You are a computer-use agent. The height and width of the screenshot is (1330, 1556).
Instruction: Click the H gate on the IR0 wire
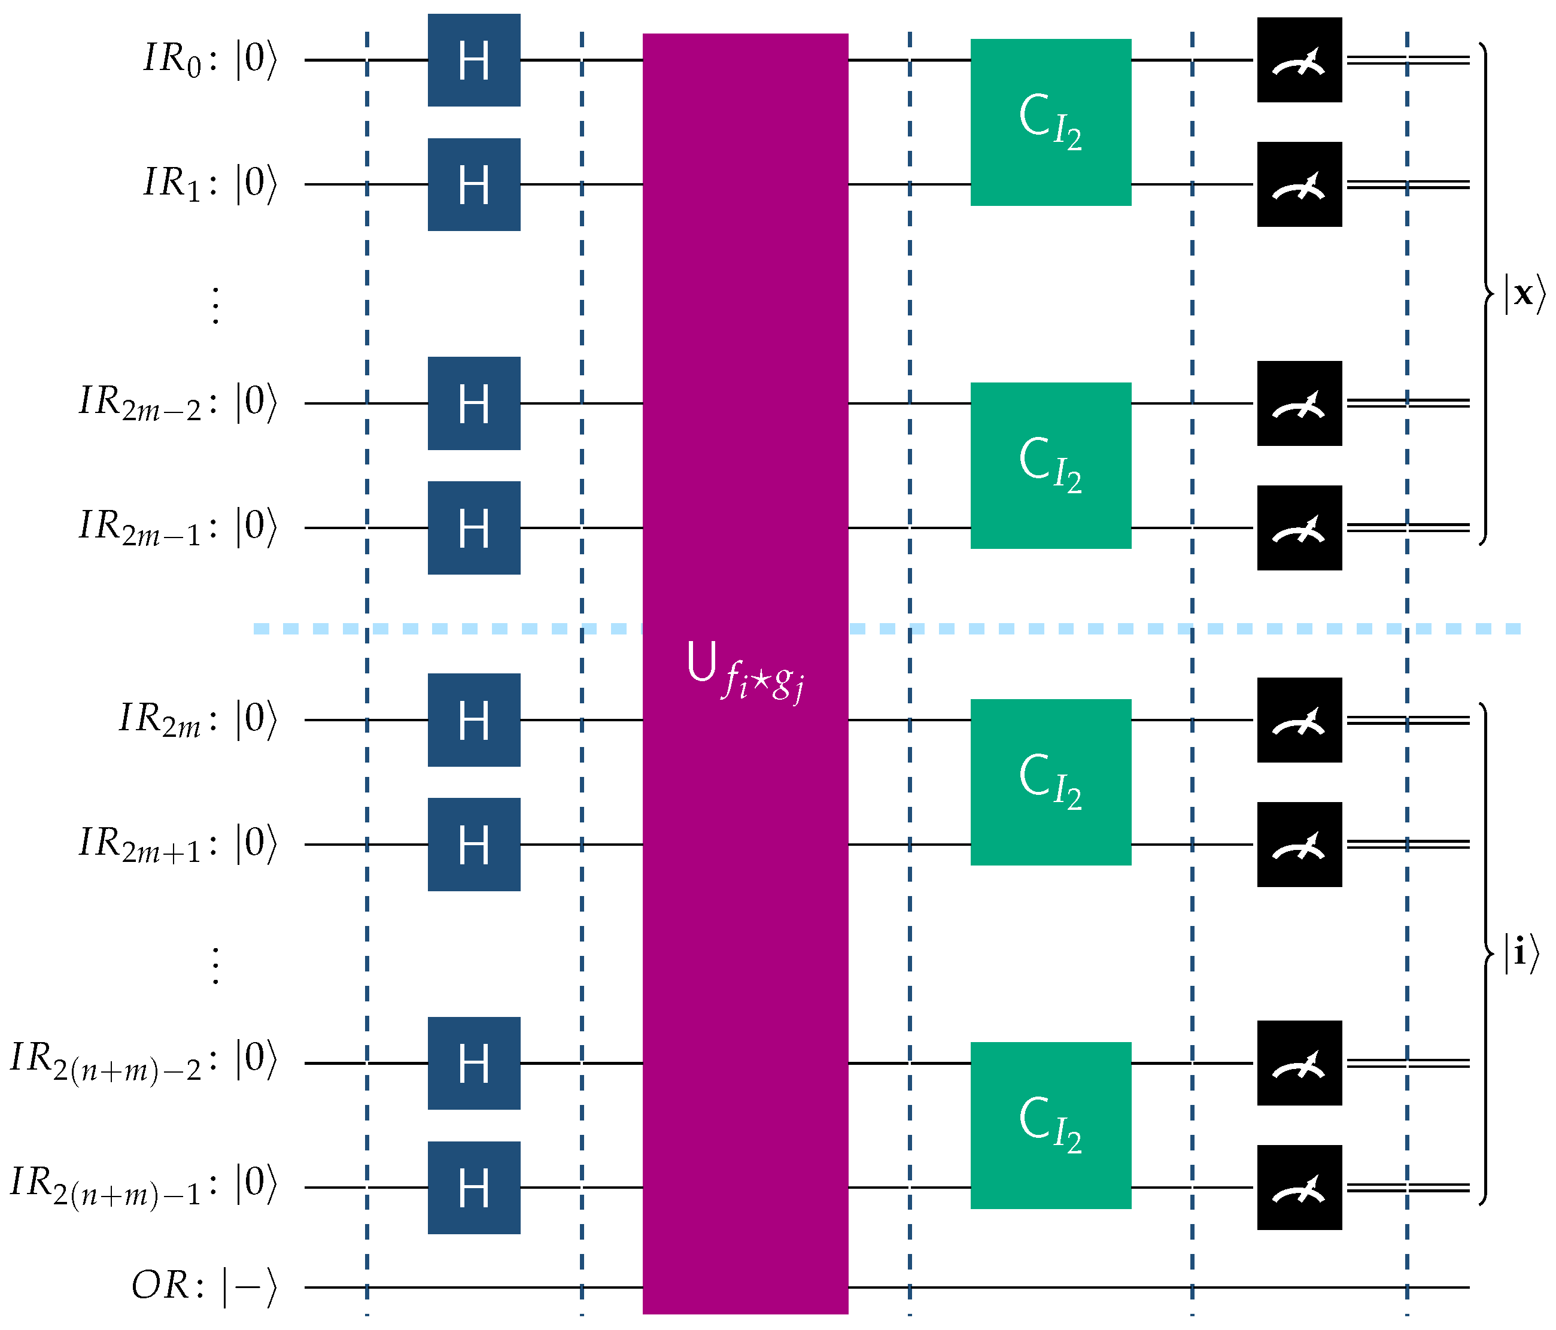pos(474,60)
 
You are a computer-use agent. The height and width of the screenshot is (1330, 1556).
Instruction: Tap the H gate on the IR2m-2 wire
pos(474,403)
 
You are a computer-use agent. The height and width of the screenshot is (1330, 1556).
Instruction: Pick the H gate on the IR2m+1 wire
pos(474,844)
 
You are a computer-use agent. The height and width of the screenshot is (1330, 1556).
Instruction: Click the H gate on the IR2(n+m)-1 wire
pos(474,1188)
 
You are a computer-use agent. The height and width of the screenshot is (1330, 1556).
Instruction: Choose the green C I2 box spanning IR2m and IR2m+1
pos(1051,782)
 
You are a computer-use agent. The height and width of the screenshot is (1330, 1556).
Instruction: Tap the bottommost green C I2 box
pos(1051,1125)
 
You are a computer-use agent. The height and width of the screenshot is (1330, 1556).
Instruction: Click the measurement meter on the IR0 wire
pos(1299,60)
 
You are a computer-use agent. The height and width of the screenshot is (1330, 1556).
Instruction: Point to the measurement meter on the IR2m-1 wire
pos(1299,528)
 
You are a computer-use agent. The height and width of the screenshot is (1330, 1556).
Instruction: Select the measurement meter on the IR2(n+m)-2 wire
pos(1299,1062)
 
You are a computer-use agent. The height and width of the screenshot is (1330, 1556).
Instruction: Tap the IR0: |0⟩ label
pos(210,59)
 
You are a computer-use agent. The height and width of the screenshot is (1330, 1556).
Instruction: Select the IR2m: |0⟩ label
pos(198,719)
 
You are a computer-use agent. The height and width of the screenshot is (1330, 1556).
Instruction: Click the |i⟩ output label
pos(1521,954)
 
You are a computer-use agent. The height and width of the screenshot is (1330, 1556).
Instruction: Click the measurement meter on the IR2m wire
pos(1299,720)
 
